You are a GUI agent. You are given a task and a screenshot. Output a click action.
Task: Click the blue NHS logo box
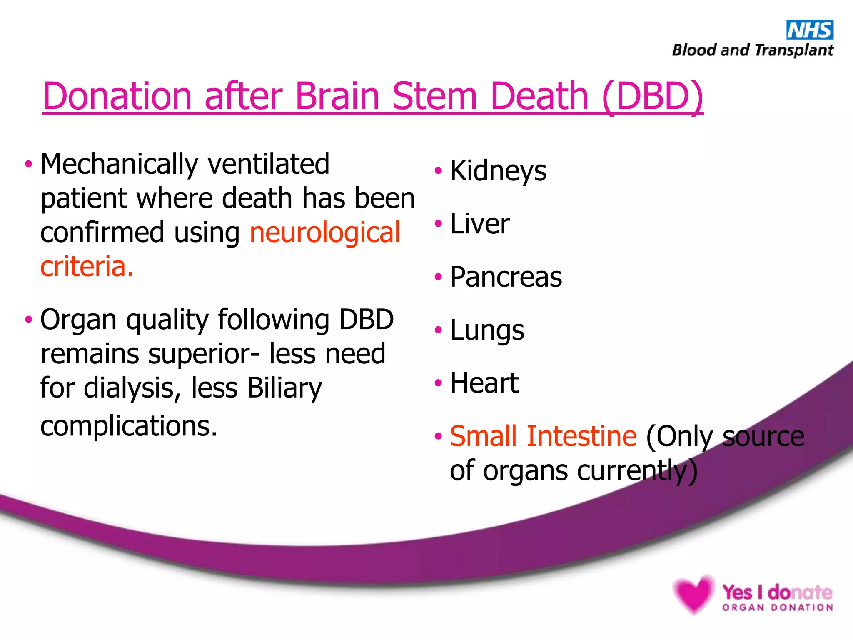809,30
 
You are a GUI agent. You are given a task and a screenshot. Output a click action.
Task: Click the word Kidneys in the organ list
498,171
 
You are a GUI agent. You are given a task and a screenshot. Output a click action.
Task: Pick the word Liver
480,224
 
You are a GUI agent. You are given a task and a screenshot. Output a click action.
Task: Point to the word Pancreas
506,277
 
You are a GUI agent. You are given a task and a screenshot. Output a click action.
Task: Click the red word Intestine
581,436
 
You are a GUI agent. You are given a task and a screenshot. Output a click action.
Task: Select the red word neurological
325,232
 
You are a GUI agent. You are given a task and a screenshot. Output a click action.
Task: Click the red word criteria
87,267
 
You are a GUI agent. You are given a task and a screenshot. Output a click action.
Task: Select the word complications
129,426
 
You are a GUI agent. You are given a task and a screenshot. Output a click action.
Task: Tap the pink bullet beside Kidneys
438,170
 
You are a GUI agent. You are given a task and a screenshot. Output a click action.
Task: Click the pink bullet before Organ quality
28,320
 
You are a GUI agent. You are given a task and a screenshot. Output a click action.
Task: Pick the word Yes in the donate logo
737,592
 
